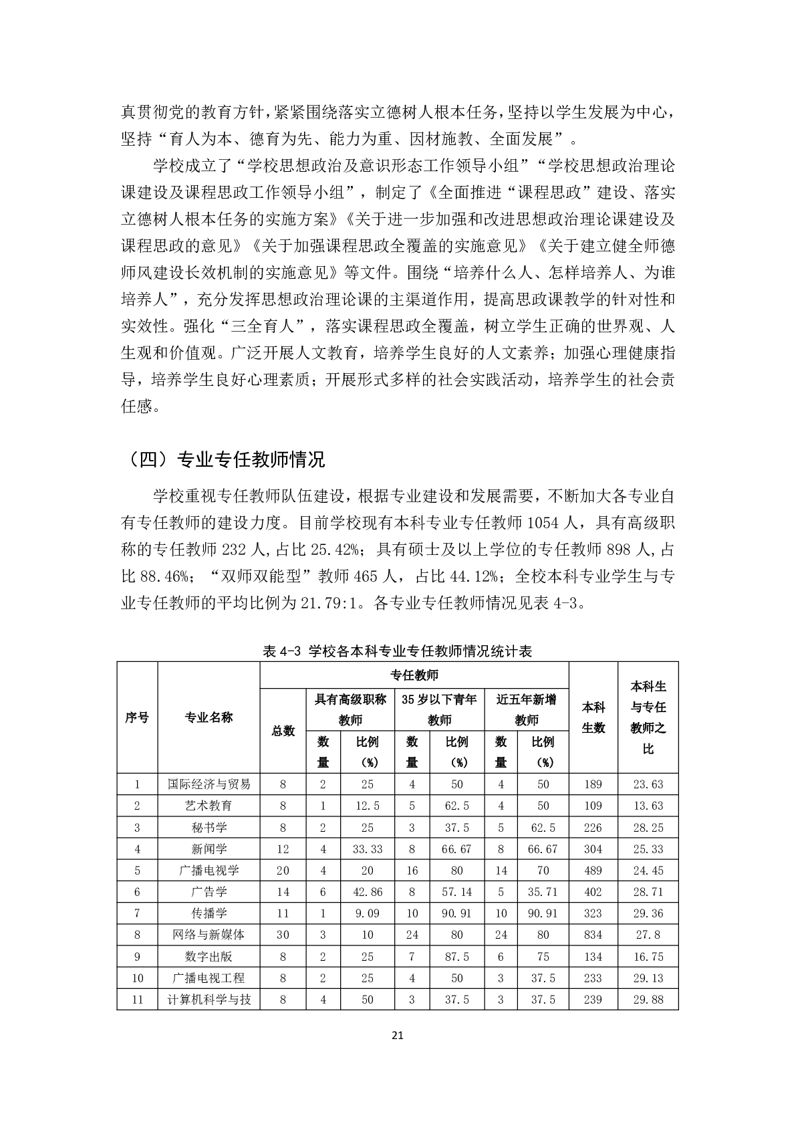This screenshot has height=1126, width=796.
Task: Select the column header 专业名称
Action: pyautogui.click(x=209, y=717)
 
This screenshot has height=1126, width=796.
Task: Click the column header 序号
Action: pyautogui.click(x=137, y=717)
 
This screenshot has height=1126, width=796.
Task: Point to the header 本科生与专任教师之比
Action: pyautogui.click(x=648, y=717)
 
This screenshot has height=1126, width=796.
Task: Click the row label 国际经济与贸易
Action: pyautogui.click(x=209, y=784)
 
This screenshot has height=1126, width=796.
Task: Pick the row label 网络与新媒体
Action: pyautogui.click(x=209, y=935)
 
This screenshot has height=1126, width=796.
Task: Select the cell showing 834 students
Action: pyautogui.click(x=593, y=935)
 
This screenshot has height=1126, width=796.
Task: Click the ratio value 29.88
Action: pyautogui.click(x=648, y=1000)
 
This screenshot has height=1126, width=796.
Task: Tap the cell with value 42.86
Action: pyautogui.click(x=368, y=892)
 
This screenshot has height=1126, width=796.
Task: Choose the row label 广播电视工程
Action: pyautogui.click(x=209, y=978)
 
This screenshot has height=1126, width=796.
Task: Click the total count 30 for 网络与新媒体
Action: pyautogui.click(x=283, y=935)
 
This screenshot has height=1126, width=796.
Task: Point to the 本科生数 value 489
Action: pyautogui.click(x=593, y=871)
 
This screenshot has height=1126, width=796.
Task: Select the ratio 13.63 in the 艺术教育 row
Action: pyautogui.click(x=648, y=806)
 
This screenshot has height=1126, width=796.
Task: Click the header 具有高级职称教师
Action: pyautogui.click(x=350, y=709)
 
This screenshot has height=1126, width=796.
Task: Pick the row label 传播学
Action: pyautogui.click(x=209, y=913)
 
